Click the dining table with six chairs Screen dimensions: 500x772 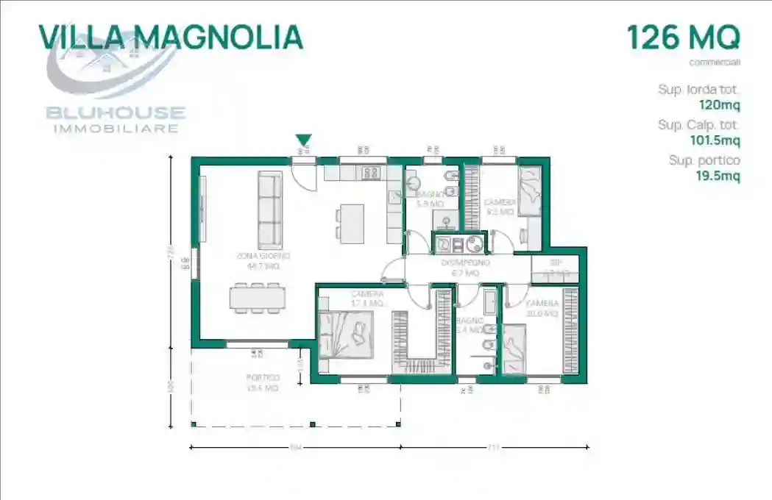[257, 297]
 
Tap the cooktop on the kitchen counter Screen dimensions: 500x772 [371, 173]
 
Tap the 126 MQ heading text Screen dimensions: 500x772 [682, 37]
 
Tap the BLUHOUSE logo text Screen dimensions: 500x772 [116, 113]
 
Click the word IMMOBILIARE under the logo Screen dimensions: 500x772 [116, 129]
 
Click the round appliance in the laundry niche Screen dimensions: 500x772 [474, 243]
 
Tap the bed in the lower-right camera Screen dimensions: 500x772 [515, 346]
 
